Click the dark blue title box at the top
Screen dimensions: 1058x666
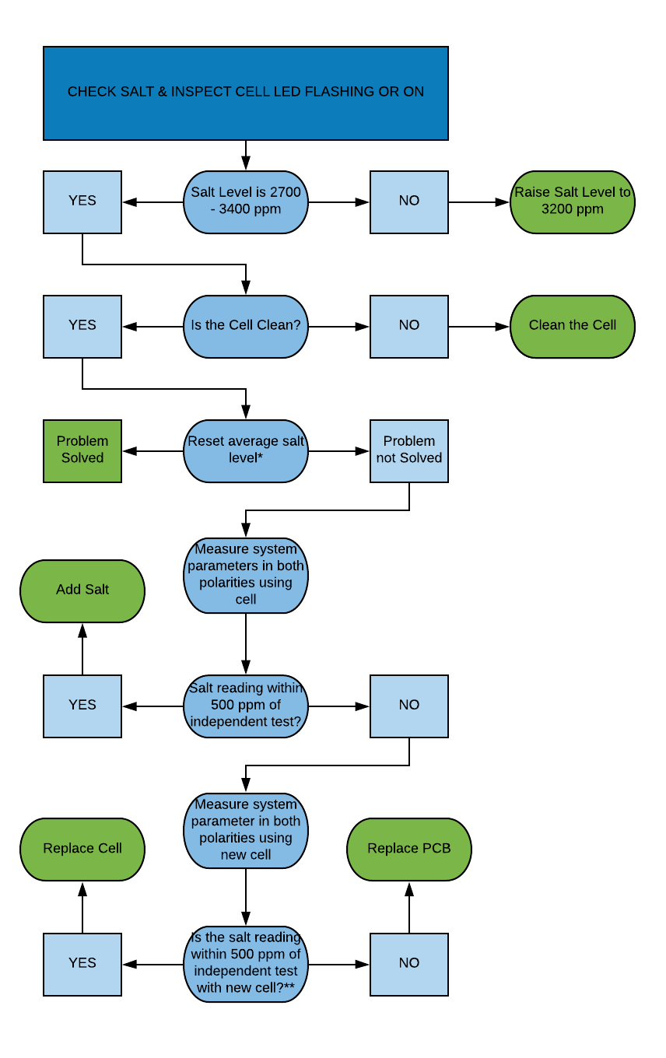coord(246,93)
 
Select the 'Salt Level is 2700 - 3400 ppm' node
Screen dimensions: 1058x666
coord(246,201)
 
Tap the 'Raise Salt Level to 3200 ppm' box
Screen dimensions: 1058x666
coord(573,201)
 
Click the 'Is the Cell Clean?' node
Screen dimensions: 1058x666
coord(246,326)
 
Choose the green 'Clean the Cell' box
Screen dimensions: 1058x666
coord(573,326)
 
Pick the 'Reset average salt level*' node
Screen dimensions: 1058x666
coord(246,450)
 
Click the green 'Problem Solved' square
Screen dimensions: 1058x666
coord(82,450)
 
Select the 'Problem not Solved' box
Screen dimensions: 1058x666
coord(409,450)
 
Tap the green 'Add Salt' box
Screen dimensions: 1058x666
coord(82,590)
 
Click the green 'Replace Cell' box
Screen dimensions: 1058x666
coord(82,849)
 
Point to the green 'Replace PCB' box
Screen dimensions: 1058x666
coord(409,849)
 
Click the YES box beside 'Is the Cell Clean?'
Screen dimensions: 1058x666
coord(82,326)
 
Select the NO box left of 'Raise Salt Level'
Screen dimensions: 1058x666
coord(409,201)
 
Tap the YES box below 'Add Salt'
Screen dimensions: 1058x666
coord(82,706)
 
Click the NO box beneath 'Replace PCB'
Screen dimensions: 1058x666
coord(409,964)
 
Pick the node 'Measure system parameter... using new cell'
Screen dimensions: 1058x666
coord(246,830)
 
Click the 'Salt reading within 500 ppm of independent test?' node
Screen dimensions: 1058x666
coord(246,706)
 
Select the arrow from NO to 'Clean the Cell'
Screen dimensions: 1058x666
coord(478,327)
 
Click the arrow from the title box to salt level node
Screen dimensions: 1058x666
coord(246,155)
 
